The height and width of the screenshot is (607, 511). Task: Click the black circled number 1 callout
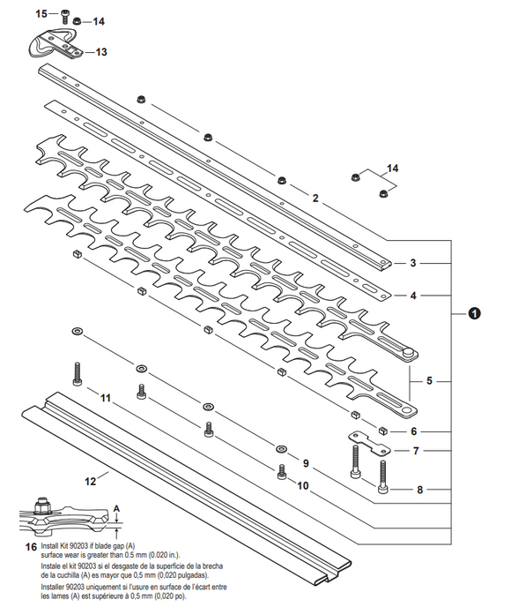[475, 313]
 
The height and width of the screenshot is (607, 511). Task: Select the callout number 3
[411, 263]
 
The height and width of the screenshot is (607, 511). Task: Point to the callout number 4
[411, 296]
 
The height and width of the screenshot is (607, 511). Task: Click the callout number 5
[429, 381]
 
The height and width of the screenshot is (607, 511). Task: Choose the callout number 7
[418, 450]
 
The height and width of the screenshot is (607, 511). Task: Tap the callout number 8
[420, 489]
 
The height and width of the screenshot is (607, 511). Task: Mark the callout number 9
[306, 463]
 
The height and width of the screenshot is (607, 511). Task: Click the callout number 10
[302, 485]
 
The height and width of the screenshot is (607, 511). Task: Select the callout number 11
[105, 399]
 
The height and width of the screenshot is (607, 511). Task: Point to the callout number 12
[90, 482]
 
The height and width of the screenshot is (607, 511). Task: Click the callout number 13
[101, 52]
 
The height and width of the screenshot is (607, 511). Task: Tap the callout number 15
[41, 13]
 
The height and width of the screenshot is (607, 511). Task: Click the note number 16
[31, 547]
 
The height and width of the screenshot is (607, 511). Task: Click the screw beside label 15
[63, 14]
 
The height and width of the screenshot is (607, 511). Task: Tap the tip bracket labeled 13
[55, 43]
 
